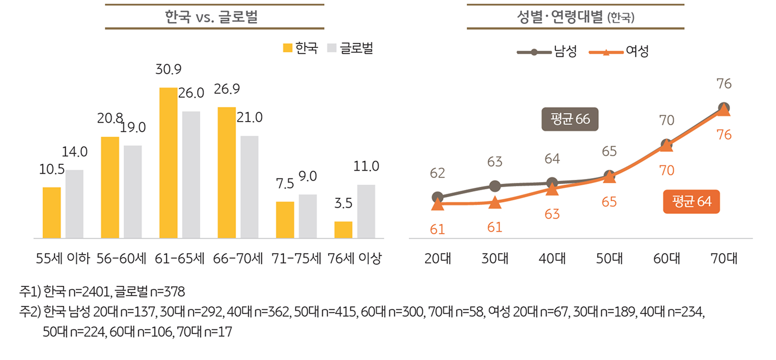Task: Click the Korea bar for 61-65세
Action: [168, 163]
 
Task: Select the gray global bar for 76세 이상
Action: [366, 211]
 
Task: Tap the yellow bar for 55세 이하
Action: [52, 212]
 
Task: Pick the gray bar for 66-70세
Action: [249, 187]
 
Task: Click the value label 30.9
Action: [168, 69]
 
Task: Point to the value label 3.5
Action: [344, 203]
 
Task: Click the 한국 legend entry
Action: [300, 49]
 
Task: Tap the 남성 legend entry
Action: [547, 52]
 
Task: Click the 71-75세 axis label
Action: [296, 258]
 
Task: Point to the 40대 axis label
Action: [552, 258]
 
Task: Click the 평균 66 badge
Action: [570, 119]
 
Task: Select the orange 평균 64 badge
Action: [692, 201]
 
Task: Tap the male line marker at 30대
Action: [495, 186]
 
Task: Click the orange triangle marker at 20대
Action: [438, 205]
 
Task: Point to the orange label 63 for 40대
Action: [552, 214]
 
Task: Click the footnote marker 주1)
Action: [30, 291]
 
